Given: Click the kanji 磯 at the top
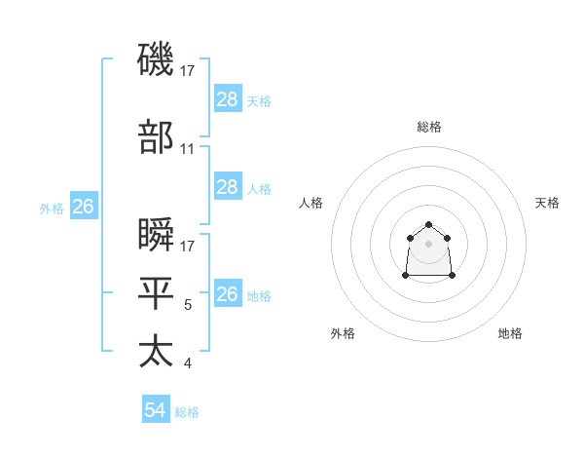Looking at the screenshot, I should (157, 59).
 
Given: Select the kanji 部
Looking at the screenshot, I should (157, 137).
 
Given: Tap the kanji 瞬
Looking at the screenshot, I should (157, 235).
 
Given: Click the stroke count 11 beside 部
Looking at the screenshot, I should (188, 149).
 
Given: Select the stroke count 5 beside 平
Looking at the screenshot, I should (187, 305).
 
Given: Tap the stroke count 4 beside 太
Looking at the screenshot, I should (187, 363).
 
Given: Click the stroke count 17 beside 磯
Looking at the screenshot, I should (188, 70).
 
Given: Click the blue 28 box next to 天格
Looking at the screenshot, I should (227, 98).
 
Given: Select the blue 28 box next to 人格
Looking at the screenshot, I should (227, 187).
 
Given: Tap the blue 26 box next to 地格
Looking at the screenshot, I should (227, 294).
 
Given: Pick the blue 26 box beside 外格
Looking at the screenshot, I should (84, 207).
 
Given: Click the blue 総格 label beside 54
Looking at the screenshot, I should (187, 412).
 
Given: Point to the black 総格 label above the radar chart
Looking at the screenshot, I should (429, 127).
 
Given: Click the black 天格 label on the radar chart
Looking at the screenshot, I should (547, 203).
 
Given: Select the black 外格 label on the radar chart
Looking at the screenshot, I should (343, 333).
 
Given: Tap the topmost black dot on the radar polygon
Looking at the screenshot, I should (429, 225).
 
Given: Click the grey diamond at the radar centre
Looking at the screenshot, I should (429, 243).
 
